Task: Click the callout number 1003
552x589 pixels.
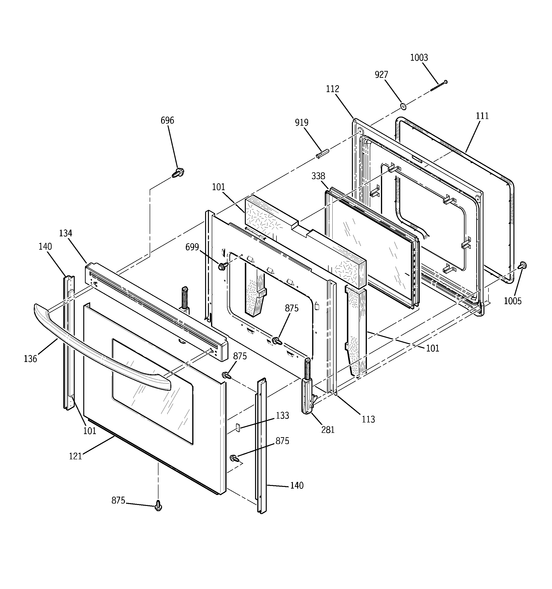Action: [419, 58]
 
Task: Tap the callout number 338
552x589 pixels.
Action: [318, 176]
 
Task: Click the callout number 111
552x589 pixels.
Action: [482, 116]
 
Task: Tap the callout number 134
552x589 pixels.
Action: [65, 233]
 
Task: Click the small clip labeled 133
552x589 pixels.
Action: [237, 427]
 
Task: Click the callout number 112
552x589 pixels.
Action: [332, 89]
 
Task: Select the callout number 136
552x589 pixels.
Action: [30, 359]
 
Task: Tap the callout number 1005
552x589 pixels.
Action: [512, 301]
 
